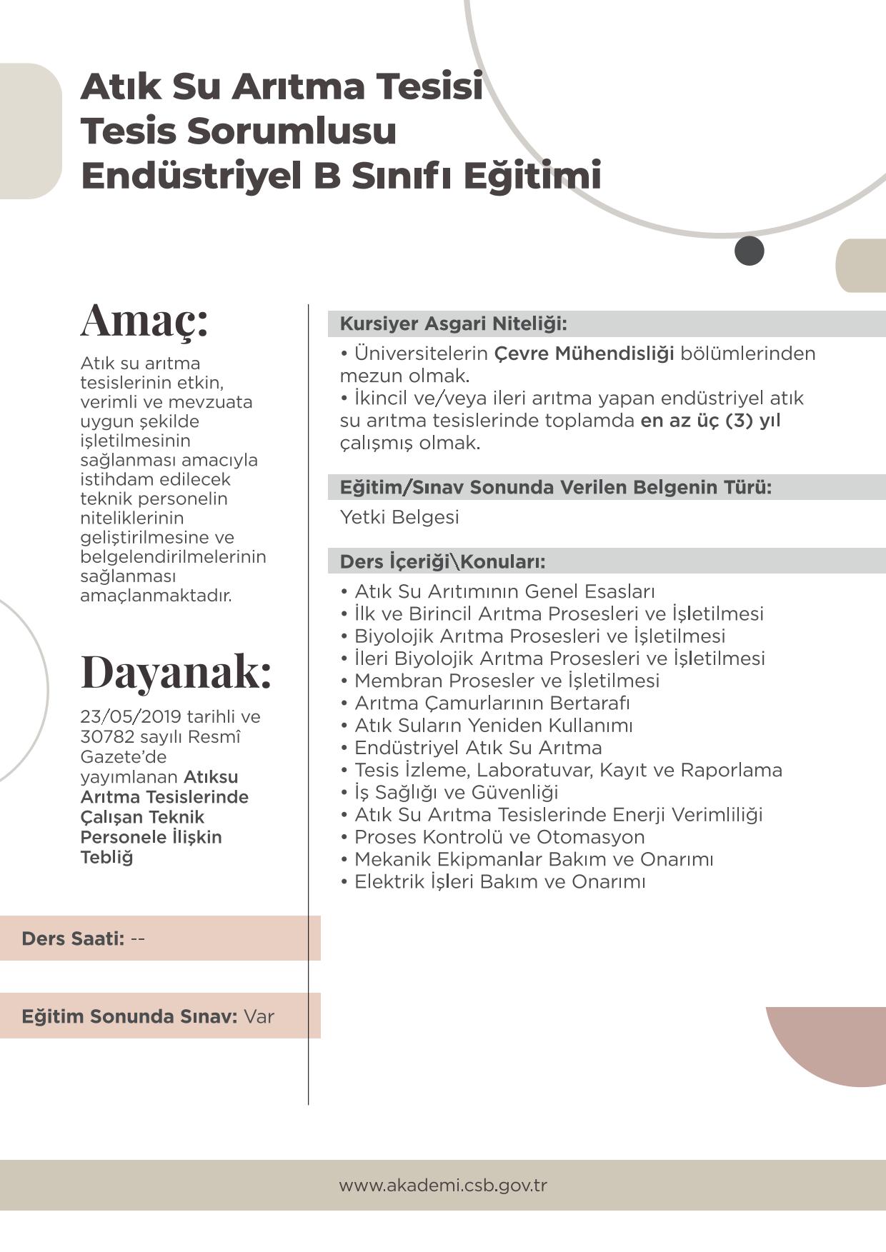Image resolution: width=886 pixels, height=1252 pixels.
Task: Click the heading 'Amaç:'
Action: point(144,321)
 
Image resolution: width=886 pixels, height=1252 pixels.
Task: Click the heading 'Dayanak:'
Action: point(176,672)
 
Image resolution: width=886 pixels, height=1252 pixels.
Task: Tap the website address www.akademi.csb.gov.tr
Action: point(443,1185)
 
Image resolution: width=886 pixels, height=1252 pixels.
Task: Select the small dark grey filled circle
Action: point(749,251)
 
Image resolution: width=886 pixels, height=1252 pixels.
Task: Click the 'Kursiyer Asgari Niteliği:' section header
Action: point(453,324)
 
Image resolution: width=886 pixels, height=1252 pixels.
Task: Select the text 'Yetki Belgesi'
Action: point(399,517)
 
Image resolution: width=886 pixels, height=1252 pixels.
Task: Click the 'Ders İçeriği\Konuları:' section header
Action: point(442,561)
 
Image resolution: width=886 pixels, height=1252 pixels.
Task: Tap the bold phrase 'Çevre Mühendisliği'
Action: point(584,354)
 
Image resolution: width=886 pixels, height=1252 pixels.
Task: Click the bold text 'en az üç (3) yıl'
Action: point(710,420)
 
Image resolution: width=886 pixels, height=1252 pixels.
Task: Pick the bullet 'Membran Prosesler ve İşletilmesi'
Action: point(507,681)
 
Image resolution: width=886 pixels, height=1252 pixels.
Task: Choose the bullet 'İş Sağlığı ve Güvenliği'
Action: point(456,792)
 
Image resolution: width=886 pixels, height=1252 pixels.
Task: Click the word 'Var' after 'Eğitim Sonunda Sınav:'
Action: point(259,1016)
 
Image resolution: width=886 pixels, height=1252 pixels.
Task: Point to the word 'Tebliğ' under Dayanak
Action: point(106,857)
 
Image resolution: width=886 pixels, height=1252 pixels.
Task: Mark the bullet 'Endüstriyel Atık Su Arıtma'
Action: point(478,748)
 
